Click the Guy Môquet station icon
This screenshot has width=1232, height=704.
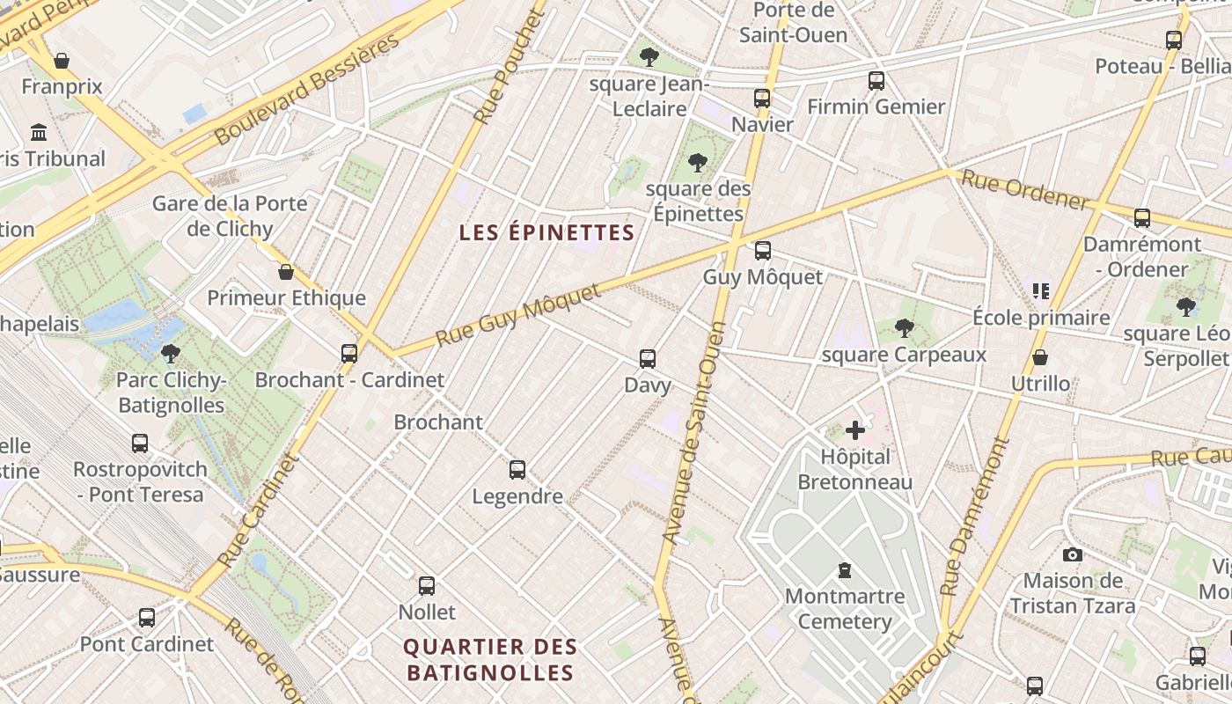tap(763, 251)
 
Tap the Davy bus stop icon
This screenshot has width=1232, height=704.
tap(648, 359)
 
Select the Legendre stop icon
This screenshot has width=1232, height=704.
tap(517, 470)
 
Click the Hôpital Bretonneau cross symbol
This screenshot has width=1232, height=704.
tap(854, 430)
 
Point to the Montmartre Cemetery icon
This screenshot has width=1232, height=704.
tap(845, 570)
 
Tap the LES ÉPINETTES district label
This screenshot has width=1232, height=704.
tap(546, 233)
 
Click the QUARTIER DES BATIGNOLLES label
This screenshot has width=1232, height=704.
tap(489, 660)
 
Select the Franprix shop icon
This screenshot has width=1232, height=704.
tap(62, 61)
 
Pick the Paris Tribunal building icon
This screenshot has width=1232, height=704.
tap(39, 133)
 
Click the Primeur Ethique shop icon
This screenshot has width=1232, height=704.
tap(286, 272)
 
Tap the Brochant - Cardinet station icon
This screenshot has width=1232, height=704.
tap(349, 354)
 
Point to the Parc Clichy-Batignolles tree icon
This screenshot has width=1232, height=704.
tap(171, 354)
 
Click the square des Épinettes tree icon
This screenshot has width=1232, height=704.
tap(698, 163)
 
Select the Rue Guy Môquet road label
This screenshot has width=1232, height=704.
tap(519, 314)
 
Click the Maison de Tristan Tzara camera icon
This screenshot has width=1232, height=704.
tap(1072, 554)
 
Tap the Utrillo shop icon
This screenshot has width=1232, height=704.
tap(1040, 357)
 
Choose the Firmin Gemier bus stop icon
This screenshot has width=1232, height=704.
tap(876, 81)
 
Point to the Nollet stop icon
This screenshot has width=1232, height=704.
tap(427, 585)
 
